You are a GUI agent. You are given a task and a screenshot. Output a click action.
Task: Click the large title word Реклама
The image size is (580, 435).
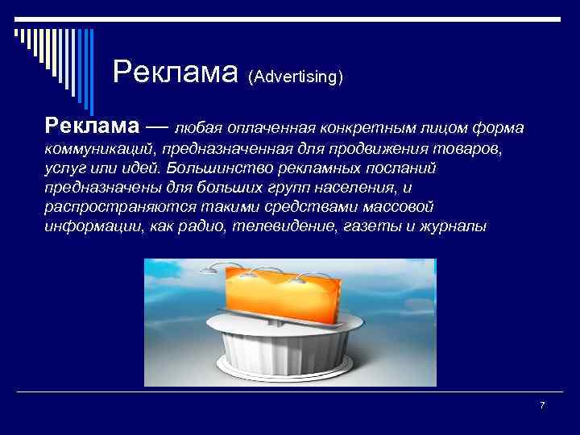pos(176,72)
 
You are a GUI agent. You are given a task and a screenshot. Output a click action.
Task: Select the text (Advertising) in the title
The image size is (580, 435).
pos(296,77)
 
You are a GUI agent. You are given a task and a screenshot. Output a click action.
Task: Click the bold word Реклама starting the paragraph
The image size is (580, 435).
pos(92,126)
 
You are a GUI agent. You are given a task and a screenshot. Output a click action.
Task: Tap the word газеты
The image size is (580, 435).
pos(367,227)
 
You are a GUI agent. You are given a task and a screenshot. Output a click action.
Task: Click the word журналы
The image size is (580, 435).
pos(453,227)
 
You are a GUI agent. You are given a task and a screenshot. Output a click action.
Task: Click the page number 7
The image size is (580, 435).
pos(542,405)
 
